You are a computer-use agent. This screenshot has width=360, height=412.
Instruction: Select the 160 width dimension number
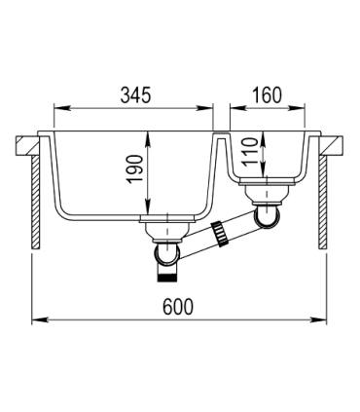click(265, 96)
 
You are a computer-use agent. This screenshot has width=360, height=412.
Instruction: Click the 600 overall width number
click(180, 308)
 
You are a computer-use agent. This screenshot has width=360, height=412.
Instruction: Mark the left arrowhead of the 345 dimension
click(57, 106)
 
